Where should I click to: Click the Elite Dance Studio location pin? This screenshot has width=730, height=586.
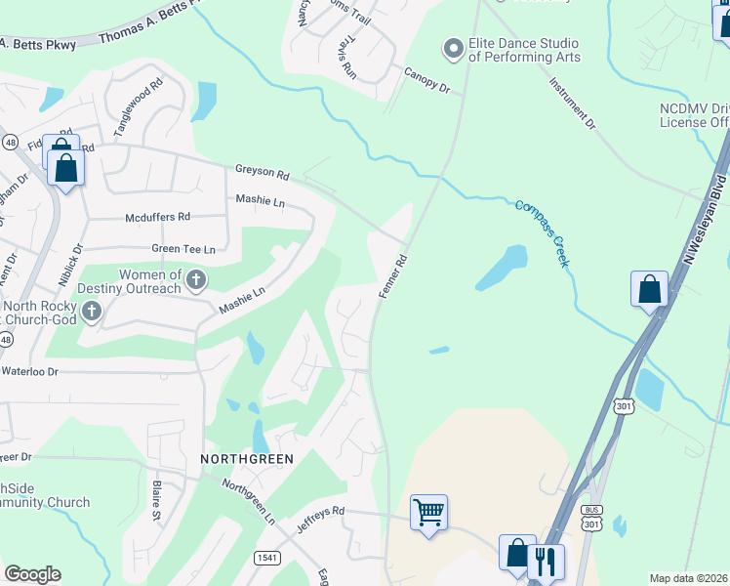tap(452, 48)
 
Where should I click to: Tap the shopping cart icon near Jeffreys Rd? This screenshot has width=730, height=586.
tap(428, 511)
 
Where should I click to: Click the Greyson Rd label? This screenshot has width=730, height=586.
tap(262, 173)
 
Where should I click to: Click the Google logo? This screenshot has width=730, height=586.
tap(32, 574)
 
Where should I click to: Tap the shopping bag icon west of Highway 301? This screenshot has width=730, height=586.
tap(649, 290)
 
